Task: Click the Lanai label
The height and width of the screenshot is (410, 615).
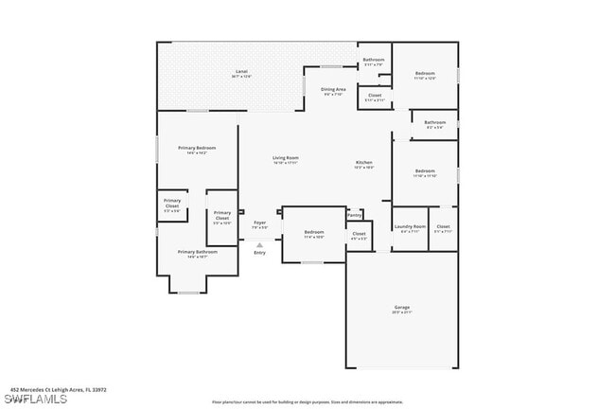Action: pos(241,72)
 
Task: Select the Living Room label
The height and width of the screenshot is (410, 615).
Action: pos(286,158)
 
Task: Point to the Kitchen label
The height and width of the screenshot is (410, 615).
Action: pos(364,163)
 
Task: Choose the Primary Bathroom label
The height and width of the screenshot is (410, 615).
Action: pos(197,252)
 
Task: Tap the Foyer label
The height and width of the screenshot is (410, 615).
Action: pos(259,222)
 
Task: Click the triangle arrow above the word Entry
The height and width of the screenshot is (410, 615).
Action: pos(259,244)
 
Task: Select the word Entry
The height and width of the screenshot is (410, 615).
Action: pos(259,252)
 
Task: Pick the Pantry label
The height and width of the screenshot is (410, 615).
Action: pos(354,215)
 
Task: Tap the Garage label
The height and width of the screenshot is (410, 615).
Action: pos(401,308)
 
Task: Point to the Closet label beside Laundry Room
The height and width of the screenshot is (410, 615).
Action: pos(443,226)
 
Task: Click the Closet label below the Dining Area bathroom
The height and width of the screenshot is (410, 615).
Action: pos(375,95)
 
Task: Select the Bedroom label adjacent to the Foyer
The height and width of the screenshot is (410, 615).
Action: pos(314,232)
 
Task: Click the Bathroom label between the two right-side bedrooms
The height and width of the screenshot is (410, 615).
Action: pos(435,122)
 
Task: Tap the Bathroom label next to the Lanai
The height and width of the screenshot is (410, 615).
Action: pos(374,61)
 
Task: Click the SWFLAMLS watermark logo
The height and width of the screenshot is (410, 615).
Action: pos(34,399)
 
